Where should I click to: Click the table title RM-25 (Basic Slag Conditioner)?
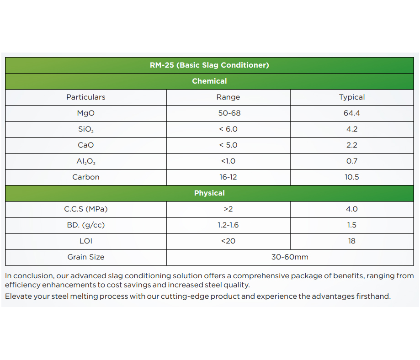pyautogui.click(x=209, y=65)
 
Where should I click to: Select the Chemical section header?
pyautogui.click(x=209, y=81)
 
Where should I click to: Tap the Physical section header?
pyautogui.click(x=209, y=193)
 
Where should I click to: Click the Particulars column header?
pyautogui.click(x=86, y=97)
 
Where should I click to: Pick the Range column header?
pyautogui.click(x=228, y=97)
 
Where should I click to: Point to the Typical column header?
pyautogui.click(x=352, y=97)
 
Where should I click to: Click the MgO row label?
pyautogui.click(x=86, y=113)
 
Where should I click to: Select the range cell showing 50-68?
pyautogui.click(x=228, y=113)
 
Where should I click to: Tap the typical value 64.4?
pyautogui.click(x=352, y=113)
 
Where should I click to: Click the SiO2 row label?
pyautogui.click(x=86, y=129)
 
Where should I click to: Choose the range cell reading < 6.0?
pyautogui.click(x=228, y=129)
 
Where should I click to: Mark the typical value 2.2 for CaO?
pyautogui.click(x=352, y=145)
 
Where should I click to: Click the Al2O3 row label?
pyautogui.click(x=86, y=161)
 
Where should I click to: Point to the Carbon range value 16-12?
pyautogui.click(x=228, y=177)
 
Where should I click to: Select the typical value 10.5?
pyautogui.click(x=352, y=177)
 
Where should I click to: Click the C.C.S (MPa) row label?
pyautogui.click(x=86, y=209)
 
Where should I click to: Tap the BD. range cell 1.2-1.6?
pyautogui.click(x=228, y=225)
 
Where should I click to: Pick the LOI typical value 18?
pyautogui.click(x=352, y=241)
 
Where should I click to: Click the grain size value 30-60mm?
pyautogui.click(x=290, y=257)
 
